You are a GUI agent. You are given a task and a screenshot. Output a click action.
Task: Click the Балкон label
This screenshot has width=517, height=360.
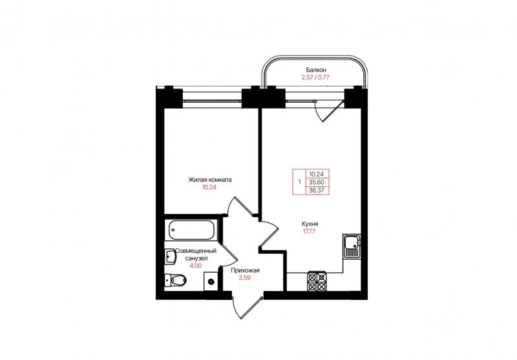point(316,70)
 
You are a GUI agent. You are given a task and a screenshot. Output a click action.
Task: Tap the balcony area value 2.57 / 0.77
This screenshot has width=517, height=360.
point(315,78)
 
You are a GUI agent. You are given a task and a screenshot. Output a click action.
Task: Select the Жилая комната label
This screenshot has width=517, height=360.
point(209,180)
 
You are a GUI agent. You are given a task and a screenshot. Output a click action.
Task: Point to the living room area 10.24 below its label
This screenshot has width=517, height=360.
point(209,187)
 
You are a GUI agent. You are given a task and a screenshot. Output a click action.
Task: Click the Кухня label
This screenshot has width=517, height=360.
point(310,224)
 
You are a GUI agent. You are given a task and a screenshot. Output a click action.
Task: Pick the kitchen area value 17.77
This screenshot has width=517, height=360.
point(310,231)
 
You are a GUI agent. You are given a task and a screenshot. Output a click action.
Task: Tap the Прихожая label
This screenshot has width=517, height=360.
point(245,271)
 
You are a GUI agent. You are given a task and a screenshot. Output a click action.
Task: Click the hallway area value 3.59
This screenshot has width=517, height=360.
point(245,278)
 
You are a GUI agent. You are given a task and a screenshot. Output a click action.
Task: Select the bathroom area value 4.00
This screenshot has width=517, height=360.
point(196,266)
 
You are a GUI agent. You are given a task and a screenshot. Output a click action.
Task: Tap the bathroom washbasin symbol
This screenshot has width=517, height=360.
point(171,257)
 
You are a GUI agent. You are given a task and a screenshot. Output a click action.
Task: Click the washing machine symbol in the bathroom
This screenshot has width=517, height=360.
point(211,282)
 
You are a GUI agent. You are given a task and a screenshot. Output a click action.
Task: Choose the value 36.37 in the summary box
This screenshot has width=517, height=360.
point(317,190)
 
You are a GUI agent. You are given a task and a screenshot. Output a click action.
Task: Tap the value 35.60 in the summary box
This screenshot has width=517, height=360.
point(317,182)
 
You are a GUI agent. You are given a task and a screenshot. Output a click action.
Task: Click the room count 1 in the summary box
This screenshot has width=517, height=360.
point(299,182)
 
